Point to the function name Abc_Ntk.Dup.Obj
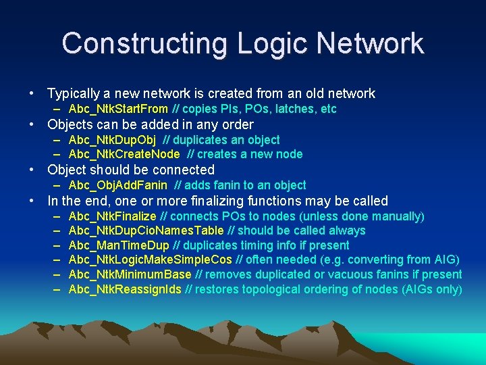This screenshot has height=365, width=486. tap(112, 140)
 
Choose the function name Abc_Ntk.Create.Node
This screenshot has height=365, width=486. tap(124, 154)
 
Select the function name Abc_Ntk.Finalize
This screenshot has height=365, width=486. tap(112, 216)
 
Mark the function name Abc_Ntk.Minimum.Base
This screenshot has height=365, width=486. tap(130, 274)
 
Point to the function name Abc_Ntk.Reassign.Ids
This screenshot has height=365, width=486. tap(125, 289)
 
